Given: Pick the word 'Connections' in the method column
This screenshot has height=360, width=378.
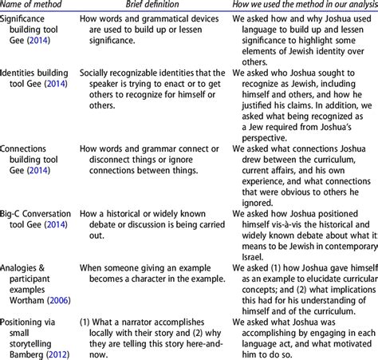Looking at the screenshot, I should point(28,148).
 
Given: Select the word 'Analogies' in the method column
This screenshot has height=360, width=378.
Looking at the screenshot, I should point(23,267).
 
